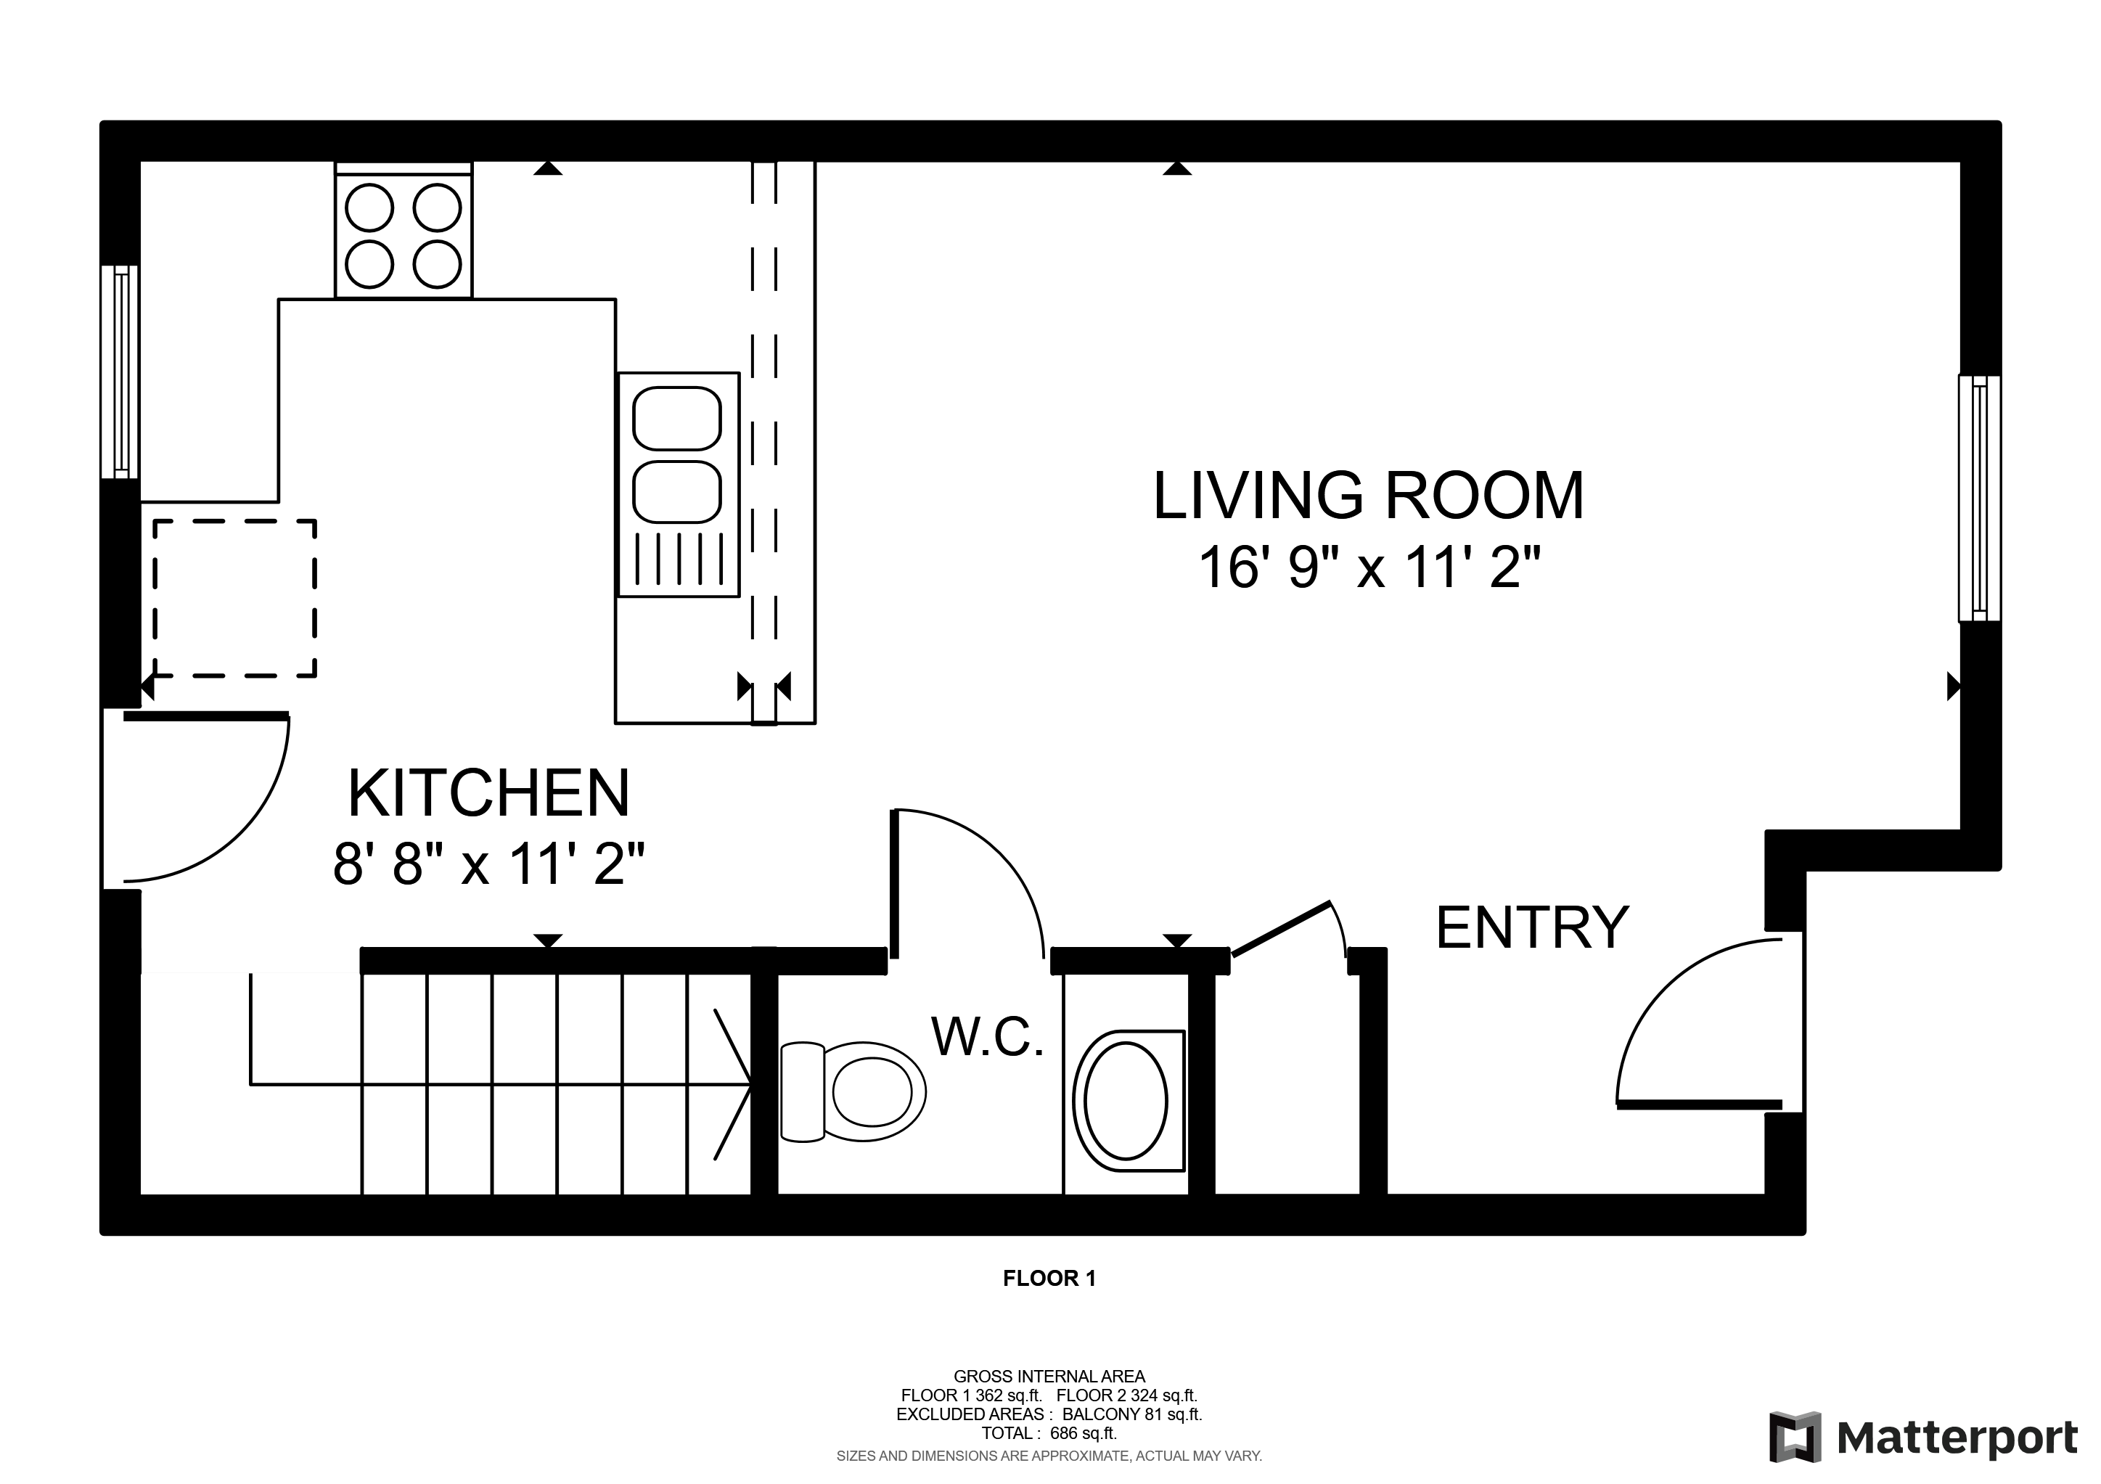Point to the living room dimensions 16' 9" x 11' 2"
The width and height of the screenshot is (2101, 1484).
(1369, 567)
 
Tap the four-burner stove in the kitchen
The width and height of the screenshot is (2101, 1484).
(404, 231)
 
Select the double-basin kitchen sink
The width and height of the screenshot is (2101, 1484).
(678, 485)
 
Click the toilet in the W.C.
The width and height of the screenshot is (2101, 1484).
(853, 1091)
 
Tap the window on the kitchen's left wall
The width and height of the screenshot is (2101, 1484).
(120, 372)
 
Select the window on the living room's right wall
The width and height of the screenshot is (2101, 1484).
(1979, 499)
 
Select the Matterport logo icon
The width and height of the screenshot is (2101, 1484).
(1795, 1438)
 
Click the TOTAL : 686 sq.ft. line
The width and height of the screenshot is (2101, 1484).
(1049, 1434)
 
